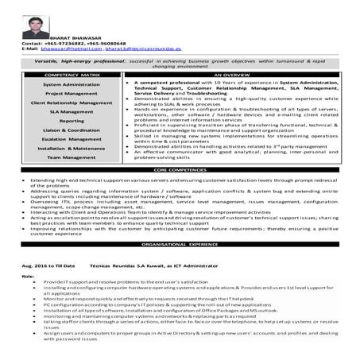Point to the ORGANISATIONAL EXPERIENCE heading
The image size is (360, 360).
[x=179, y=246]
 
